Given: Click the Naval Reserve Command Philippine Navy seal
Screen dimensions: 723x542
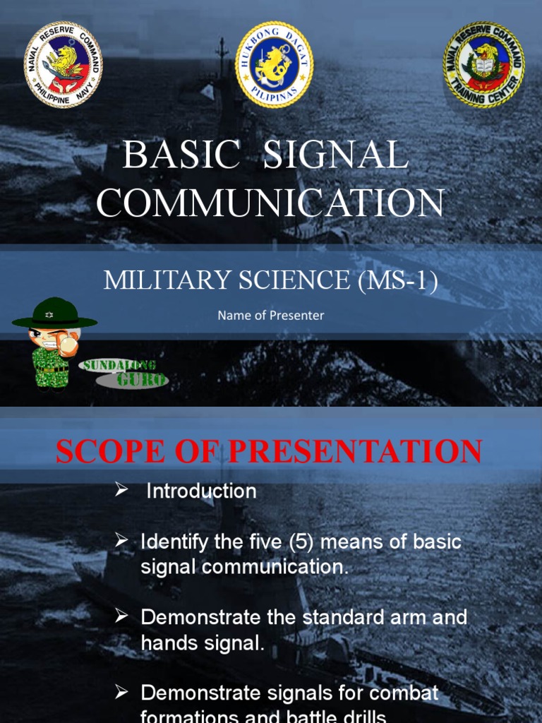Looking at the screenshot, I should pyautogui.click(x=64, y=64).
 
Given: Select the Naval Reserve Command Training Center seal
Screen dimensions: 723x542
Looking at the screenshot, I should pyautogui.click(x=483, y=64).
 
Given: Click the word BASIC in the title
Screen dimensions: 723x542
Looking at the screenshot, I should pyautogui.click(x=181, y=155).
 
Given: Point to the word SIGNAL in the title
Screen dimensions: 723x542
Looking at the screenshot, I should pyautogui.click(x=335, y=155).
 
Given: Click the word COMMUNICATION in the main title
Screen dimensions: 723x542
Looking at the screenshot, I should pyautogui.click(x=270, y=203).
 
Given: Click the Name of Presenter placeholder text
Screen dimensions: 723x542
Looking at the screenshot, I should pyautogui.click(x=270, y=316).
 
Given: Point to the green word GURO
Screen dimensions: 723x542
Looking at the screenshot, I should pyautogui.click(x=142, y=380).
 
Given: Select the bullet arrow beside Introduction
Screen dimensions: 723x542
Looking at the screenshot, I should pyautogui.click(x=121, y=490).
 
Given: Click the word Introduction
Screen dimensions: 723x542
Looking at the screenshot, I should pyautogui.click(x=201, y=491).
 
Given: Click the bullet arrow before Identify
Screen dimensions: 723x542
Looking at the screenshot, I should pyautogui.click(x=121, y=542).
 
